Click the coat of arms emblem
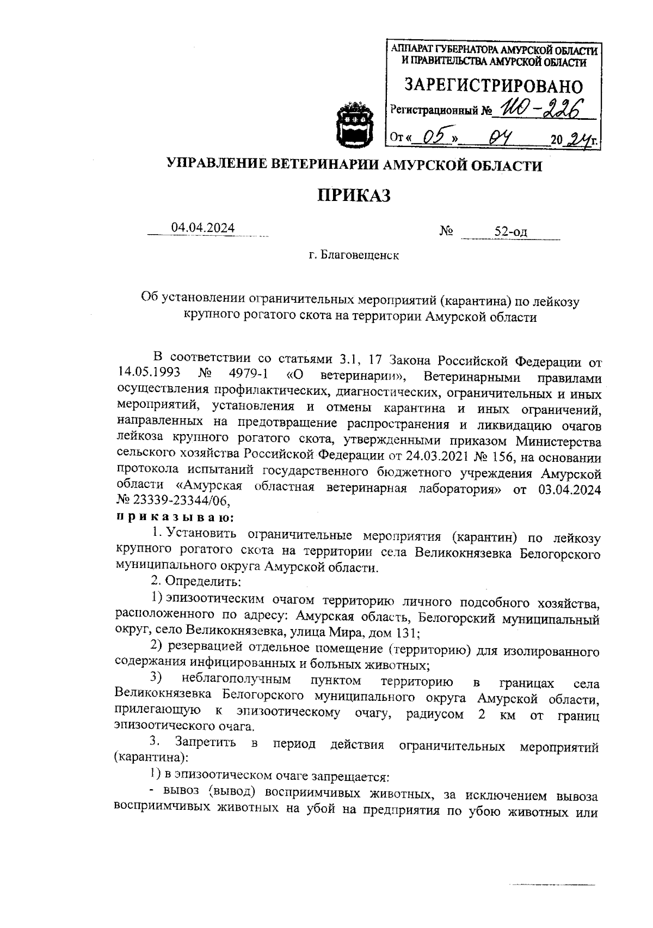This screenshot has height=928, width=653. click(x=354, y=124)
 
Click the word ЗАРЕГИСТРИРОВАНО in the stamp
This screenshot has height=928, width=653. click(x=493, y=86)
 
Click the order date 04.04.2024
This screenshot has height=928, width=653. click(x=202, y=228)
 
